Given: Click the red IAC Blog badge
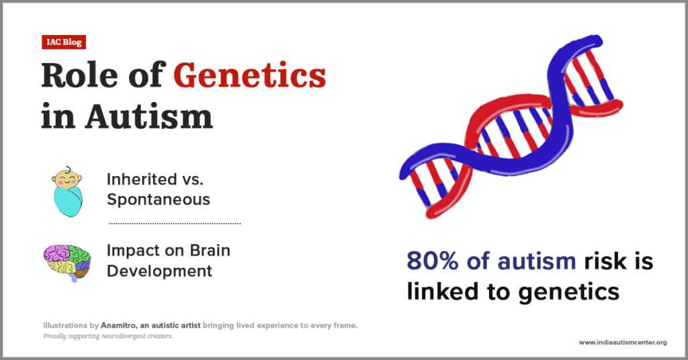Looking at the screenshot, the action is pyautogui.click(x=64, y=42).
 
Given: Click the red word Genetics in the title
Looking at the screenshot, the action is pyautogui.click(x=250, y=75).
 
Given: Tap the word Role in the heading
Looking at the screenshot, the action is pyautogui.click(x=79, y=75).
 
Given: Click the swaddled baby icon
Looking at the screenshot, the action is pyautogui.click(x=68, y=191).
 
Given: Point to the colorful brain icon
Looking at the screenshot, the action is pyautogui.click(x=67, y=262).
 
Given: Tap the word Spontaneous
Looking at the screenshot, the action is pyautogui.click(x=159, y=199).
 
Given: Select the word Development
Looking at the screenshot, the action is pyautogui.click(x=159, y=271).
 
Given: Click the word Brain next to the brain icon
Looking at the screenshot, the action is pyautogui.click(x=210, y=251).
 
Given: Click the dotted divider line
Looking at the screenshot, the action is pyautogui.click(x=175, y=223).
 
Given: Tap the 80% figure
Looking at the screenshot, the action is pyautogui.click(x=433, y=261).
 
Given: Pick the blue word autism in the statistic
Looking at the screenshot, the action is pyautogui.click(x=537, y=261).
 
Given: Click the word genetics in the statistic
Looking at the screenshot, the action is pyautogui.click(x=568, y=292).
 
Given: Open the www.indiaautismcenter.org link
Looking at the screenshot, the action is pyautogui.click(x=623, y=343).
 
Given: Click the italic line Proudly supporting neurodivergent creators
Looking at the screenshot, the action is pyautogui.click(x=108, y=336).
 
